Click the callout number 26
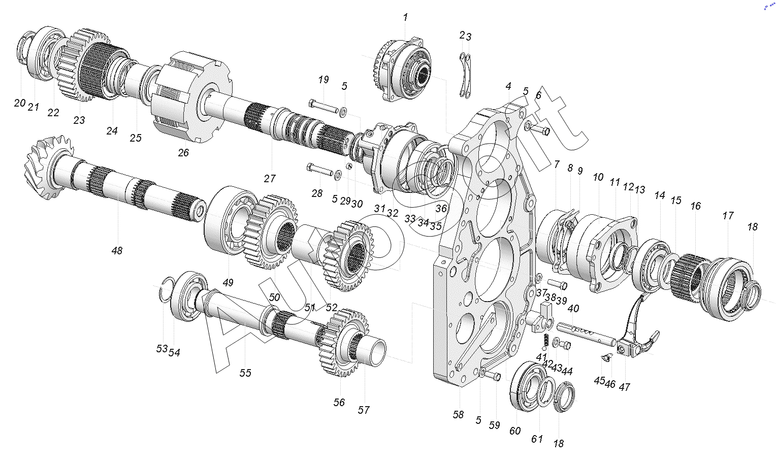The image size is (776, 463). click(x=183, y=152)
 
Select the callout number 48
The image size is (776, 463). click(x=117, y=250)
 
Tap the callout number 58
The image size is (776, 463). click(x=458, y=415)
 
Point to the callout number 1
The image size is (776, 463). click(x=405, y=17)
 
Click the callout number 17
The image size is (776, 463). click(x=728, y=216)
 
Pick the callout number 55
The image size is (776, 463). click(x=245, y=373)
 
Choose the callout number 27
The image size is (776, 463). click(x=270, y=178)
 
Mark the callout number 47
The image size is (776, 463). click(x=624, y=387)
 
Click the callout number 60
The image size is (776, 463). click(x=515, y=431)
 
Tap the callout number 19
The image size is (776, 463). click(x=323, y=80)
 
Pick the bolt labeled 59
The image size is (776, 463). click(x=493, y=376)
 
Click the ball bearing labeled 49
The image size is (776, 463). click(x=231, y=222)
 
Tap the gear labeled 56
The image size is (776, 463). click(x=343, y=343)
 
